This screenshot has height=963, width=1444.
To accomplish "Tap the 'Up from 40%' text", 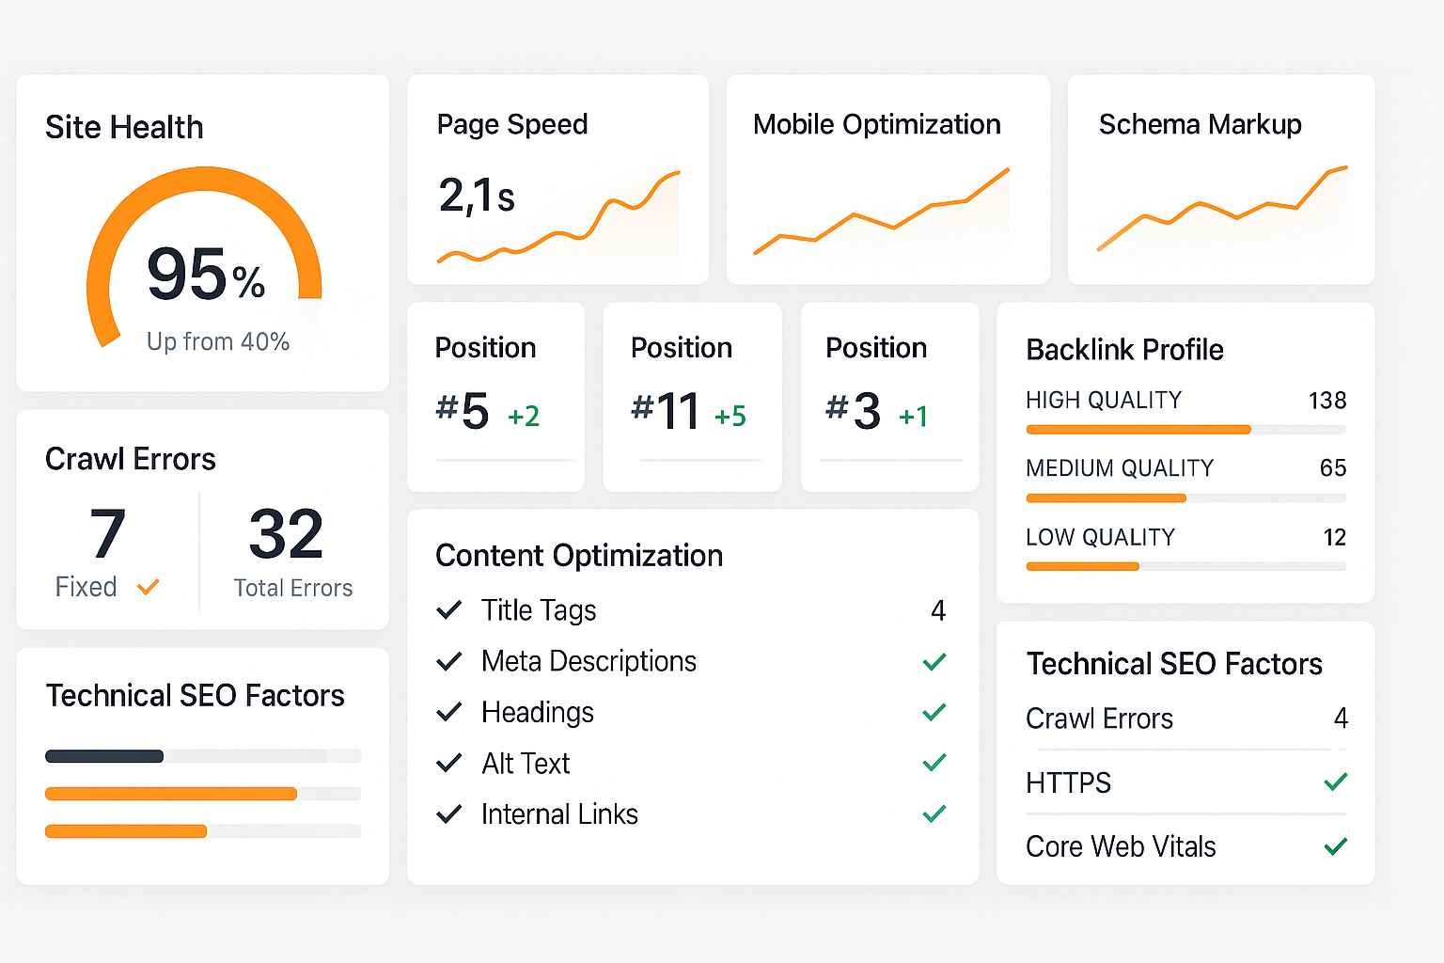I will [217, 341].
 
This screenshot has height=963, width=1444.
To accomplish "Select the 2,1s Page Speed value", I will [477, 197].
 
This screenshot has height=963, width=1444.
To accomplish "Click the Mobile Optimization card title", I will [876, 124].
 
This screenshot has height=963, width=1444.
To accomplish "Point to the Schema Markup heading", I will [1200, 124].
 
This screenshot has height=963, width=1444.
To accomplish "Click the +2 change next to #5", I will [524, 416].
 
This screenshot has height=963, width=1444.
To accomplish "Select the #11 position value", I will [666, 411].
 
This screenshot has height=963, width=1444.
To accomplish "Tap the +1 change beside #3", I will [913, 416].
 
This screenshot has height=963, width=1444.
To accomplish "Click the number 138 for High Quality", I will [1326, 401].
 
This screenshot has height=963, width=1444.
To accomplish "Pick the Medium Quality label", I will [1119, 468].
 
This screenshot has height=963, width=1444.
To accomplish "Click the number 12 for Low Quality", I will [1334, 537].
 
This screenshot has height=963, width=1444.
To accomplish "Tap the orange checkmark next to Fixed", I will [148, 588].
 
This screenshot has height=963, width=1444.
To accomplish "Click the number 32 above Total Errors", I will [286, 533].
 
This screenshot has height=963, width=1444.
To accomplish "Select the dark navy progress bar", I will [104, 756].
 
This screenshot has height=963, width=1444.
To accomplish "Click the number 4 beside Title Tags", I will [937, 611].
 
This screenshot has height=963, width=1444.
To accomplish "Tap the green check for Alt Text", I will [934, 763].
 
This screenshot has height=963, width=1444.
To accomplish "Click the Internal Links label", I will [559, 814].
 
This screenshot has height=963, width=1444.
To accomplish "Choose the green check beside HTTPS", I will [1335, 781].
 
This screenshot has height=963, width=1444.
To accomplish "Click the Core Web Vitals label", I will [1121, 846].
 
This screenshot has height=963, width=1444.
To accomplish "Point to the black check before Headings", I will [449, 712].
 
